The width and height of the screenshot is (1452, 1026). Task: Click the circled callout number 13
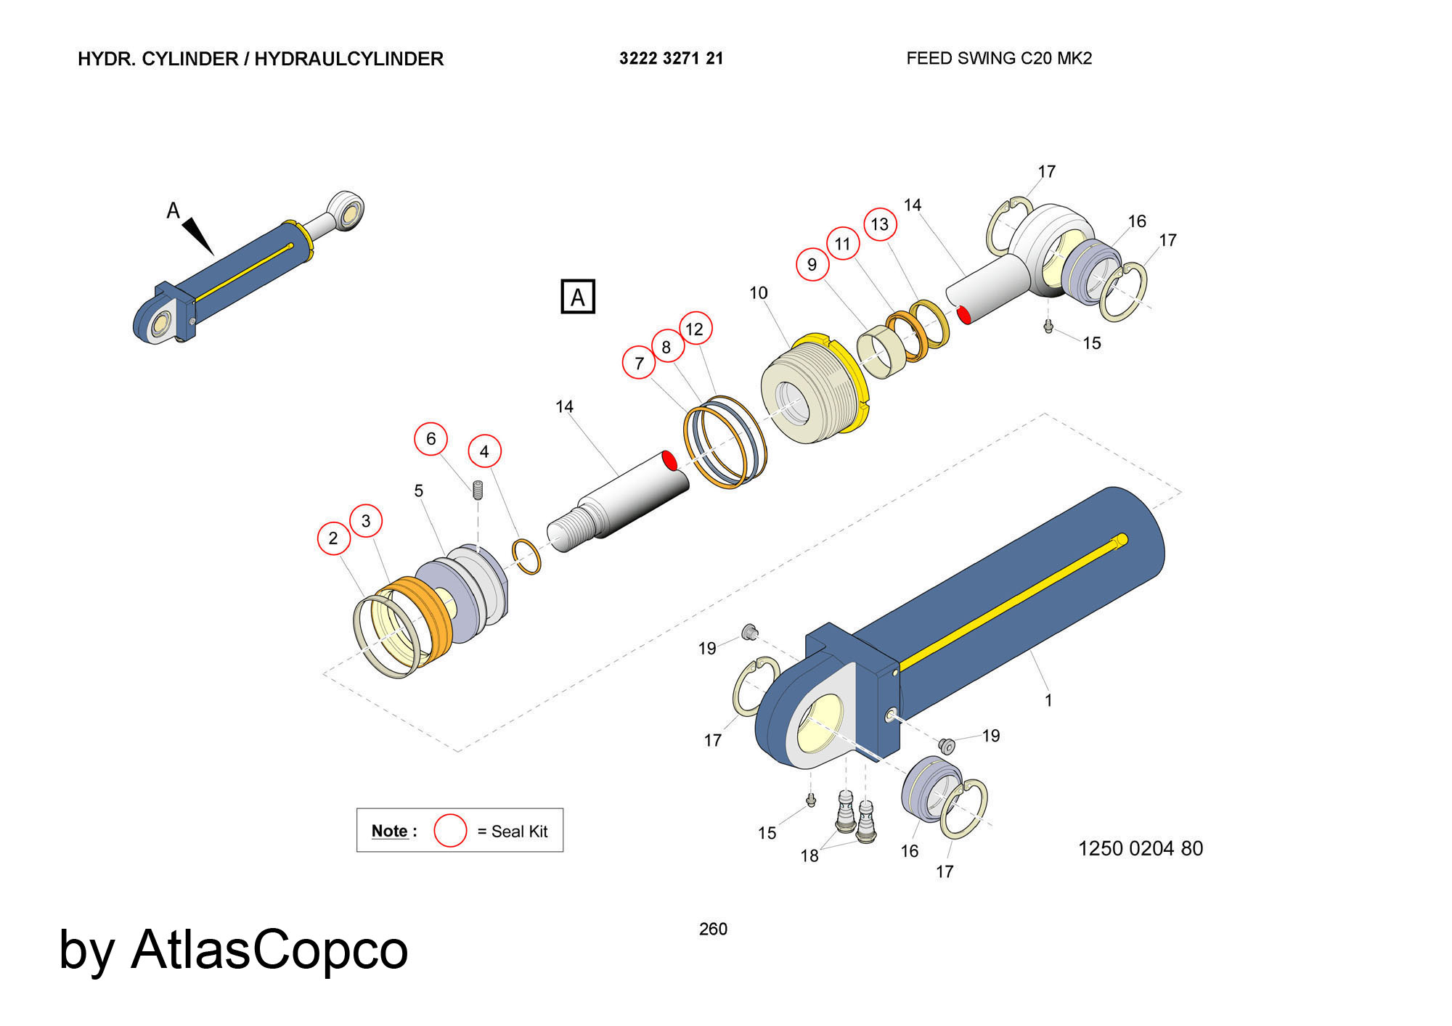[x=880, y=224]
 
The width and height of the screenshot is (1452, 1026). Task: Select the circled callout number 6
[x=431, y=439]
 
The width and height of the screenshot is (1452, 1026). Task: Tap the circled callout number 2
[x=333, y=538]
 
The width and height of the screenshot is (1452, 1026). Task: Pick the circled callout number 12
[x=695, y=329]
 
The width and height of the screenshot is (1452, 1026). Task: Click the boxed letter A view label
[x=578, y=296]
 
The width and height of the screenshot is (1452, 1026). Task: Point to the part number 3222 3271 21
[x=672, y=59]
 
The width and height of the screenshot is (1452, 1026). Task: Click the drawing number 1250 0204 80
[x=1141, y=848]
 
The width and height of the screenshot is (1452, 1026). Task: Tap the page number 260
[x=713, y=929]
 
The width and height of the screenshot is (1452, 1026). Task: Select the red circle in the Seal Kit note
[x=450, y=831]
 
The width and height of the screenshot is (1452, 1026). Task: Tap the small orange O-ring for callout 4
[x=526, y=557]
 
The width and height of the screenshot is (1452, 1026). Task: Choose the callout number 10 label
[x=759, y=293]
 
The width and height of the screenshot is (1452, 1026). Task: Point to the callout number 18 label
[x=809, y=856]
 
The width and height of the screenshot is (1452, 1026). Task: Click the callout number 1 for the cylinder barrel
[x=1048, y=700]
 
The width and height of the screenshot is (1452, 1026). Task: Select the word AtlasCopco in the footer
[x=269, y=950]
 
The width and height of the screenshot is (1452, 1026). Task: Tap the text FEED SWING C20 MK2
[x=999, y=59]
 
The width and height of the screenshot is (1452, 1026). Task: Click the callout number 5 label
[x=419, y=491]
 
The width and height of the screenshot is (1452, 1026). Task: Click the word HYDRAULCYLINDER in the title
[x=349, y=59]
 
